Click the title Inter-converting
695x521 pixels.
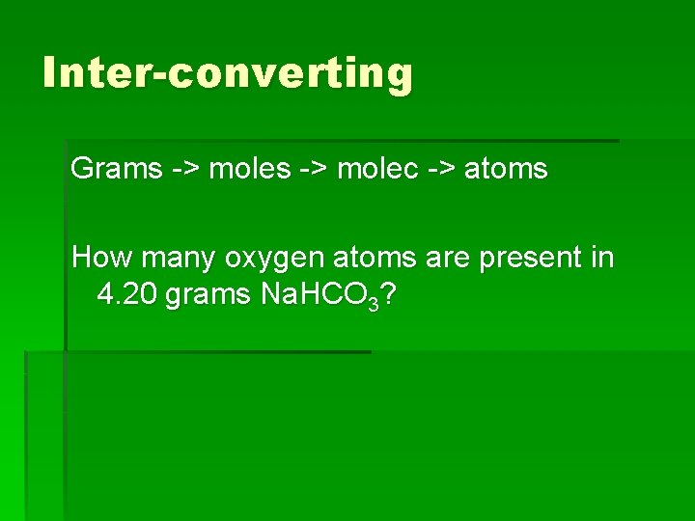[228, 73]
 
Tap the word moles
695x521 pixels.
[250, 170]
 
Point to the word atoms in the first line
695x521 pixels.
[506, 170]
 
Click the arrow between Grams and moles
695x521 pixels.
[186, 170]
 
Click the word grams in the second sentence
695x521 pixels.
[208, 295]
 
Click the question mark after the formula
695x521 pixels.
[386, 294]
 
